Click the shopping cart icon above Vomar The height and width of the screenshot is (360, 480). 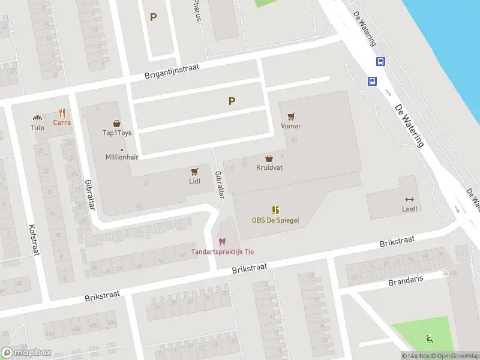point(292,116)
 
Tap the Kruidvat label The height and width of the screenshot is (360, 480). point(269,168)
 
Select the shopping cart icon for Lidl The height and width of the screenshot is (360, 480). point(194,171)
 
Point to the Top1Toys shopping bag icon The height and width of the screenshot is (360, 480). point(116,123)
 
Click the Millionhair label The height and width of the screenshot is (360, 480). point(122,157)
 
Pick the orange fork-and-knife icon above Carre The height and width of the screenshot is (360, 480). point(62,112)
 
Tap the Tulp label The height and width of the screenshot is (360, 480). point(37,128)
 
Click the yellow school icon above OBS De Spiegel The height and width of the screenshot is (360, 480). point(275,210)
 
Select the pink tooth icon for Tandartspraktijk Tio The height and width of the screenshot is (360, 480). point(222,242)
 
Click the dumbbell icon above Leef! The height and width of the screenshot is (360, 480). point(410,200)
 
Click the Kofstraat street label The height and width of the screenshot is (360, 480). point(33,240)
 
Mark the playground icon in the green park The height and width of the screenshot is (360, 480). point(428,339)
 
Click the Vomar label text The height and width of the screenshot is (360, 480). point(291,126)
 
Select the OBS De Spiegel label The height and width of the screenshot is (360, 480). point(275,220)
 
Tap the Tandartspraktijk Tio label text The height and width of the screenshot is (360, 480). point(222,251)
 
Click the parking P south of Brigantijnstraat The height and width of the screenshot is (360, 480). point(232,101)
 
